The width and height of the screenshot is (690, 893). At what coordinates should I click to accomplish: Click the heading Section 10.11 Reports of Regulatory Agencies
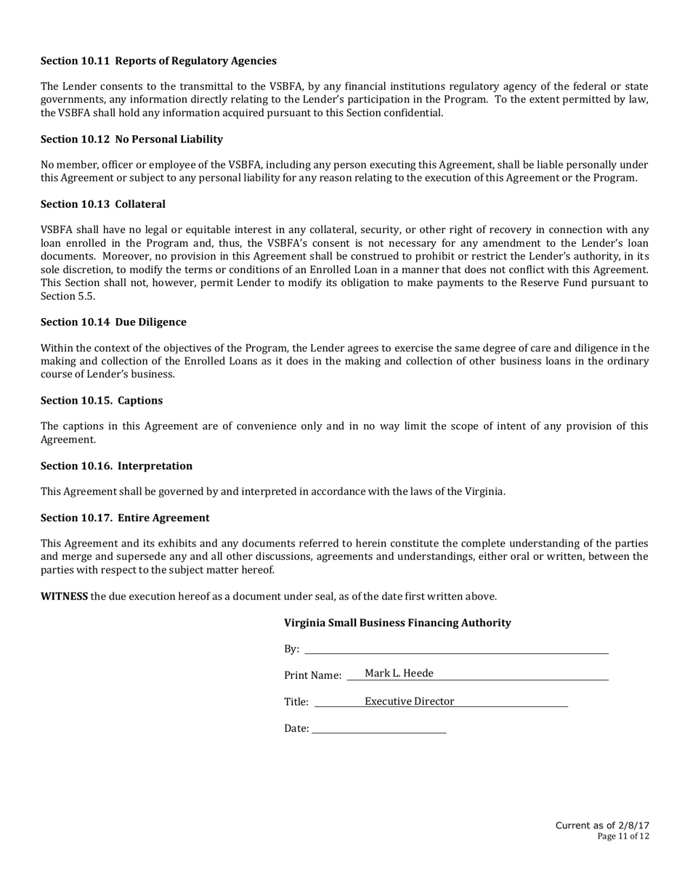[158, 61]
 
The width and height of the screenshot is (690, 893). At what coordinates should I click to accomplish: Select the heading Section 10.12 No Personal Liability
[131, 139]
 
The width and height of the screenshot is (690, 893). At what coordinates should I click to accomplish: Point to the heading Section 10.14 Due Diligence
[113, 322]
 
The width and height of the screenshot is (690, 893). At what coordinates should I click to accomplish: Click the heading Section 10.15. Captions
[101, 401]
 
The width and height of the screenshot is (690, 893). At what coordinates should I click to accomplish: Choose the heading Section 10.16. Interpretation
[116, 466]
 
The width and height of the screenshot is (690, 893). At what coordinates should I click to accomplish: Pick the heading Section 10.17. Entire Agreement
[125, 518]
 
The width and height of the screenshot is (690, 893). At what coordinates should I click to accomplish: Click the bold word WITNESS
[64, 597]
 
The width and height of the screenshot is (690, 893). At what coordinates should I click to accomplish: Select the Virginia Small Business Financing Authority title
[397, 623]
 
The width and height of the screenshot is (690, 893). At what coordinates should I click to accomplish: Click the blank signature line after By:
[456, 649]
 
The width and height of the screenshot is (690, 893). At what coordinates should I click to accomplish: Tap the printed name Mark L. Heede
[399, 674]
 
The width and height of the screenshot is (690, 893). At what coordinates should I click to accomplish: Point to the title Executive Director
[409, 701]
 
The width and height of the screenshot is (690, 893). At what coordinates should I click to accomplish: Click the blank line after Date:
[378, 729]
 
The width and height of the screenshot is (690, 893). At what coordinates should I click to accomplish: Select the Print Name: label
[312, 676]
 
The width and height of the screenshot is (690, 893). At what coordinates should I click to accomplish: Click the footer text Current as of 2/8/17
[602, 825]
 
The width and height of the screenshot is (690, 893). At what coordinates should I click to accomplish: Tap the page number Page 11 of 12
[623, 836]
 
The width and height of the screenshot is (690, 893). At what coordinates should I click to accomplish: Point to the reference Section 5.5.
[68, 296]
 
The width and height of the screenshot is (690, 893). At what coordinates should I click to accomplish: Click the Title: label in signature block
[296, 702]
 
